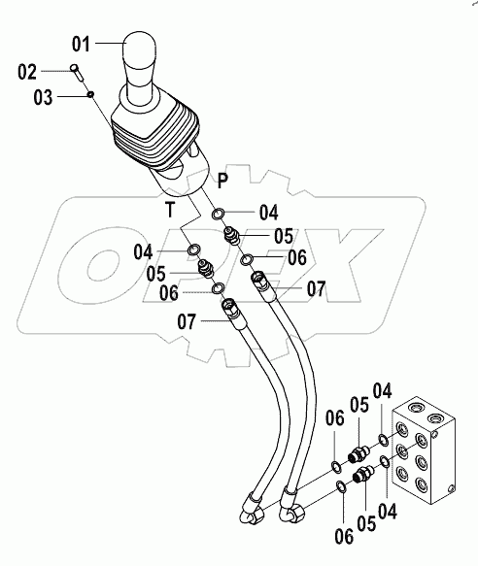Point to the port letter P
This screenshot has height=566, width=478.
222,179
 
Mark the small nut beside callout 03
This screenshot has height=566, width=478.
90,93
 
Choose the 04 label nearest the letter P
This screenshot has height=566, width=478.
265,212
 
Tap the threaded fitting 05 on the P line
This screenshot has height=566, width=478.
233,236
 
